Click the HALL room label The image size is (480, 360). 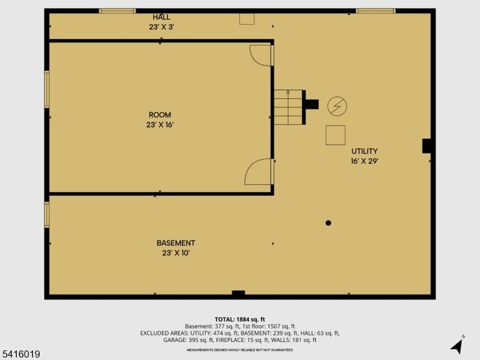click(161, 17)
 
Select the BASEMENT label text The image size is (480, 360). click(176, 243)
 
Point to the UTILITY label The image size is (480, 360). click(364, 151)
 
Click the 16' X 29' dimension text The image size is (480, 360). click(364, 161)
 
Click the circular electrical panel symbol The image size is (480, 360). click(337, 106)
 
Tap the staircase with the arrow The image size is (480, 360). click(288, 107)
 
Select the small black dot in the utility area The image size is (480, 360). click(328, 223)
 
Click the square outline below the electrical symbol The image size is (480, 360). click(336, 135)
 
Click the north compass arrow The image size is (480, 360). click(457, 346)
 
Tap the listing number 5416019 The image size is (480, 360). click(20, 354)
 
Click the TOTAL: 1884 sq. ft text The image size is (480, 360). click(240, 319)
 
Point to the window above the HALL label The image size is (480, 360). click(117, 11)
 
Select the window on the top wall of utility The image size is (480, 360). click(376, 11)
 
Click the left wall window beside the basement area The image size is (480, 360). click(47, 214)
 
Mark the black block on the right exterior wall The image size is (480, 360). click(427, 146)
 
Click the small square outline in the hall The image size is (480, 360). click(247, 19)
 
